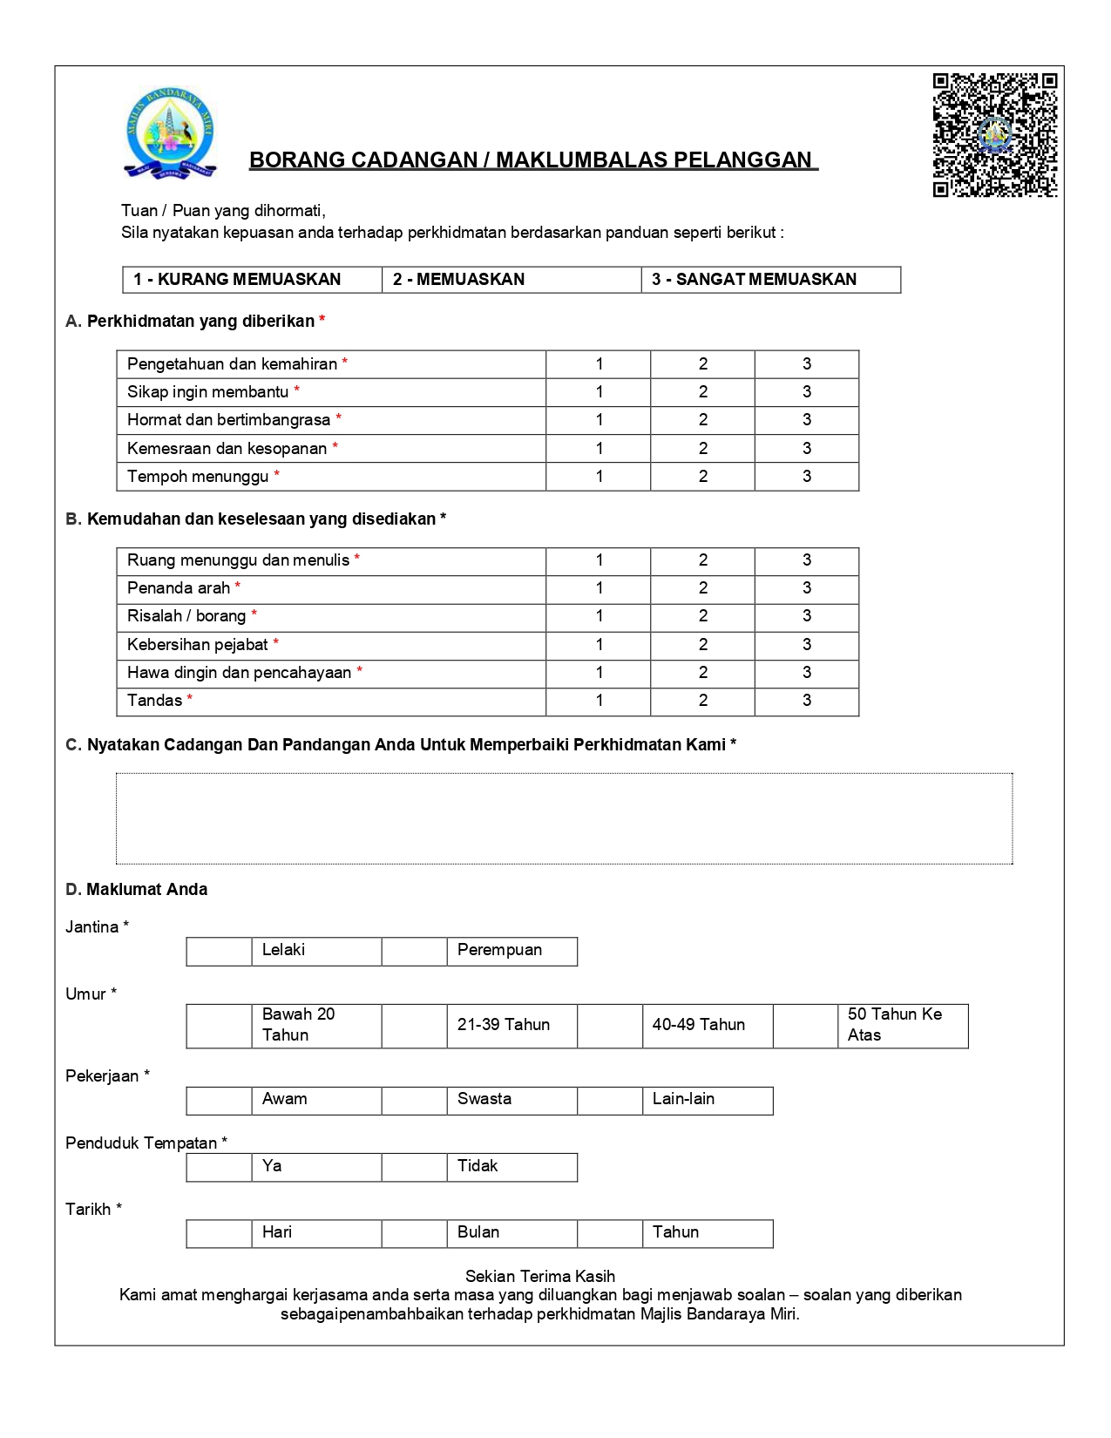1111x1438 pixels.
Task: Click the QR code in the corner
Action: pos(995,135)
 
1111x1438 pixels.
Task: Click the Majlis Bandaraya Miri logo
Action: pos(169,132)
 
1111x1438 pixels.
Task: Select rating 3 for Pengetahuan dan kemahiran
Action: pos(807,364)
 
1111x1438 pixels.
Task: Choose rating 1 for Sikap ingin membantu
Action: pos(599,392)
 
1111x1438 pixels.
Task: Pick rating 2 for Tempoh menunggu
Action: pos(702,477)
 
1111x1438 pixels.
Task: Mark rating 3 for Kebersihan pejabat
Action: pos(807,645)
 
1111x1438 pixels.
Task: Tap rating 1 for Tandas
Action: pos(599,701)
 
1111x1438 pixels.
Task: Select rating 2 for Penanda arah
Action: pos(702,588)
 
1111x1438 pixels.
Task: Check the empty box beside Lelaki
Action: pos(219,952)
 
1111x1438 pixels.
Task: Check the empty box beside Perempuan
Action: pos(414,952)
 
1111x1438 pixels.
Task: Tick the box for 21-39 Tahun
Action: pos(414,1026)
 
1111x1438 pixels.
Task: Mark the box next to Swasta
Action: pos(414,1101)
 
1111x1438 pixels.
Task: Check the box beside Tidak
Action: pos(414,1168)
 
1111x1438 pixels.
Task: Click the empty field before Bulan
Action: pos(414,1234)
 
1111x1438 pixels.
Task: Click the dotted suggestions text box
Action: pos(564,818)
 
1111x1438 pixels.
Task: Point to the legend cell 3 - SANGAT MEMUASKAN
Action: pos(770,280)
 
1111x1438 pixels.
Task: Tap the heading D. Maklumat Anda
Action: pos(137,890)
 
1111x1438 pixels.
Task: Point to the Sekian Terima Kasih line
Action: pos(539,1277)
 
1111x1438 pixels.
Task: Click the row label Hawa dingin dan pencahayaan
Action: pos(239,673)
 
